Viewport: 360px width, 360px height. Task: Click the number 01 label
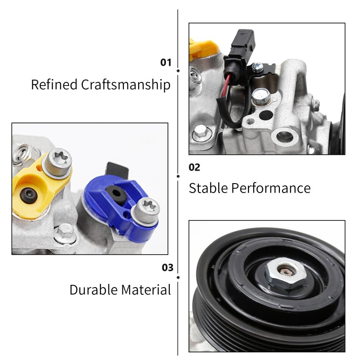pos(166,63)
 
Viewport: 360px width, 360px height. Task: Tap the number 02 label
pos(194,167)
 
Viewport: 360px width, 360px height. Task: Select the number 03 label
pos(167,267)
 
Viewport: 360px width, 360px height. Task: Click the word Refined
pos(54,84)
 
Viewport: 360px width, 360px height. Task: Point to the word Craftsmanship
pos(126,85)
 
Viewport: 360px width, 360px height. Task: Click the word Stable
pos(208,188)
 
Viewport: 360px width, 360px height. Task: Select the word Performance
pos(271,188)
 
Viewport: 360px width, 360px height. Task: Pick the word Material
pos(146,289)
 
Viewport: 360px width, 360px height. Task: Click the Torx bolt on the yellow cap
pos(58,162)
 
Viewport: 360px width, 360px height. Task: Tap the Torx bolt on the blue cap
pos(145,210)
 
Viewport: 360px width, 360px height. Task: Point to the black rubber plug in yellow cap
pos(29,195)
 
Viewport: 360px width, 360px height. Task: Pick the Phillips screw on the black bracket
pos(257,67)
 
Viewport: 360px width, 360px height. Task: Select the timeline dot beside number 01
pos(178,71)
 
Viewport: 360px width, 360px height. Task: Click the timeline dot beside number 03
pos(178,278)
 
